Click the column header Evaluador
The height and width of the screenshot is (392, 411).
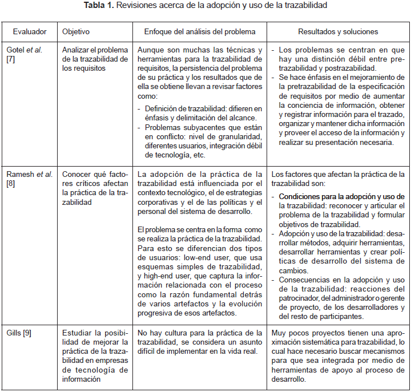(x=30, y=31)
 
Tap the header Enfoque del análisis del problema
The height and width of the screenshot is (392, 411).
(x=200, y=31)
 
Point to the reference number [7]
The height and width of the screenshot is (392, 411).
(x=11, y=59)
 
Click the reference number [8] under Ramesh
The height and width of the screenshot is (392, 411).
(x=11, y=184)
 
